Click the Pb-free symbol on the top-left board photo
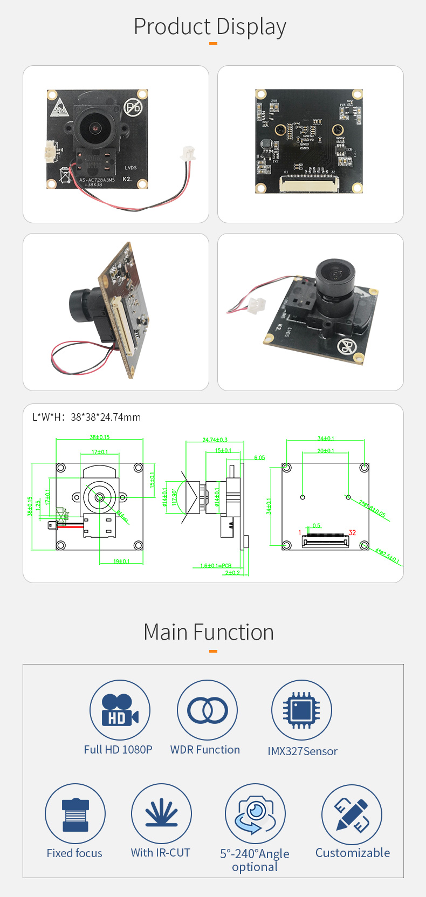[x=133, y=107]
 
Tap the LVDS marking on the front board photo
[x=130, y=168]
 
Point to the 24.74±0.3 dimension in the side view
[x=215, y=440]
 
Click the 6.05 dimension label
[x=259, y=457]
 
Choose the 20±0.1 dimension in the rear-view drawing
[x=325, y=450]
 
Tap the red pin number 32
[x=352, y=532]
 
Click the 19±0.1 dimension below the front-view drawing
[x=121, y=562]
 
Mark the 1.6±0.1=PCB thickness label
[x=216, y=565]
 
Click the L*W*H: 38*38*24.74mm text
[x=87, y=417]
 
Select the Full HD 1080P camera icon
[x=120, y=710]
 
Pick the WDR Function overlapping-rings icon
[x=207, y=710]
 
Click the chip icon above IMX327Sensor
[x=301, y=710]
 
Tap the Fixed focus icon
[x=75, y=813]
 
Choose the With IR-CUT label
[x=161, y=853]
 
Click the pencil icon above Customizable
[x=352, y=814]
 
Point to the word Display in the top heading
[x=251, y=27]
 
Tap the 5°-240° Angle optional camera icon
[x=255, y=813]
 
